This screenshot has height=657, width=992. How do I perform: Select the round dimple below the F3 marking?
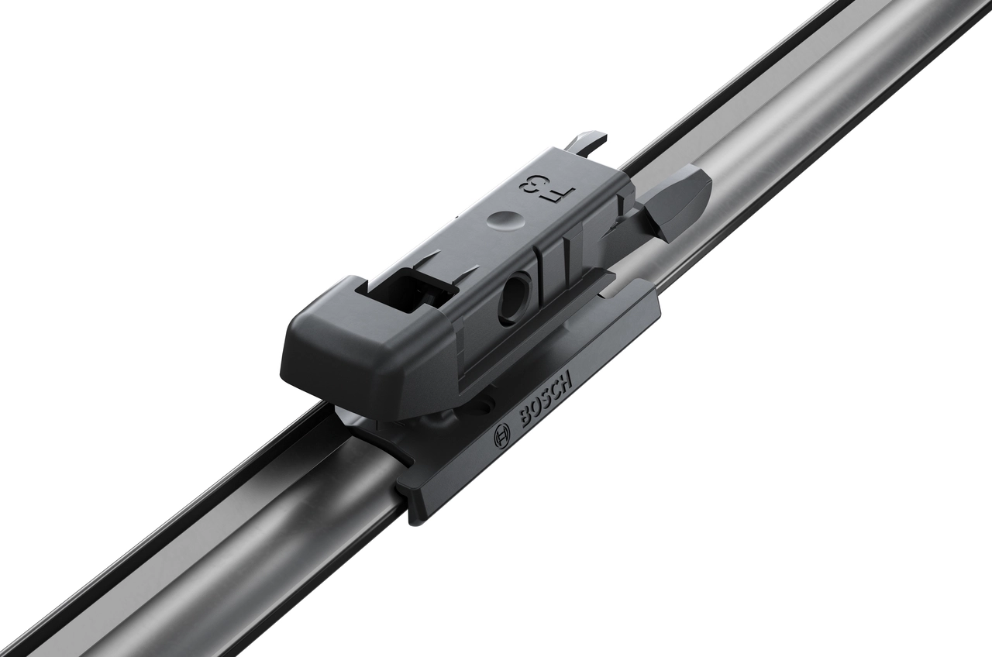coord(501,220)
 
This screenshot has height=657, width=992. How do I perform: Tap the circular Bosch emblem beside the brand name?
coord(501,439)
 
